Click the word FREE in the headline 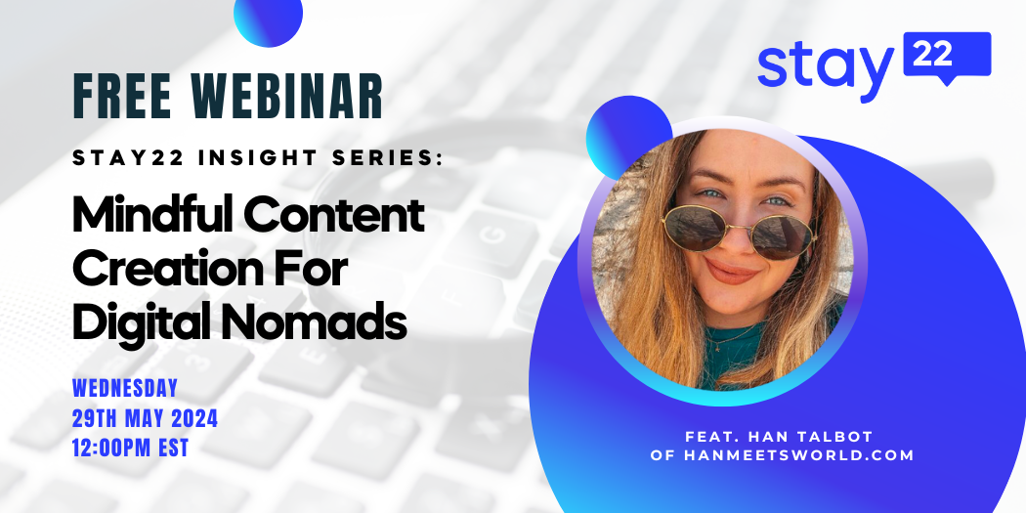click(x=122, y=97)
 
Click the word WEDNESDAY click(x=125, y=389)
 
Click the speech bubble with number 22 click(x=947, y=58)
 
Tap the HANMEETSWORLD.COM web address click(x=798, y=456)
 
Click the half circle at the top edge click(x=269, y=20)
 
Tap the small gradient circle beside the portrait click(x=629, y=135)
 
